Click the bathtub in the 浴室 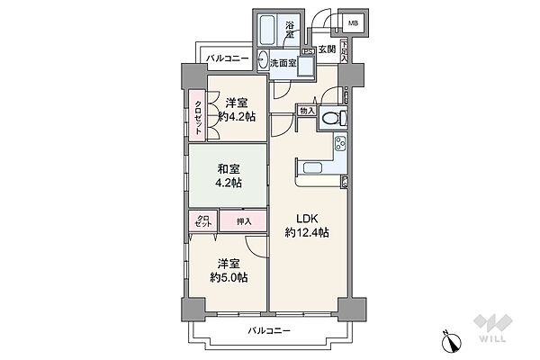[268, 30]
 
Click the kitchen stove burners [341, 143]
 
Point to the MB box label [352, 22]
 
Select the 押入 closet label [244, 220]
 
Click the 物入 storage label [307, 111]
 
